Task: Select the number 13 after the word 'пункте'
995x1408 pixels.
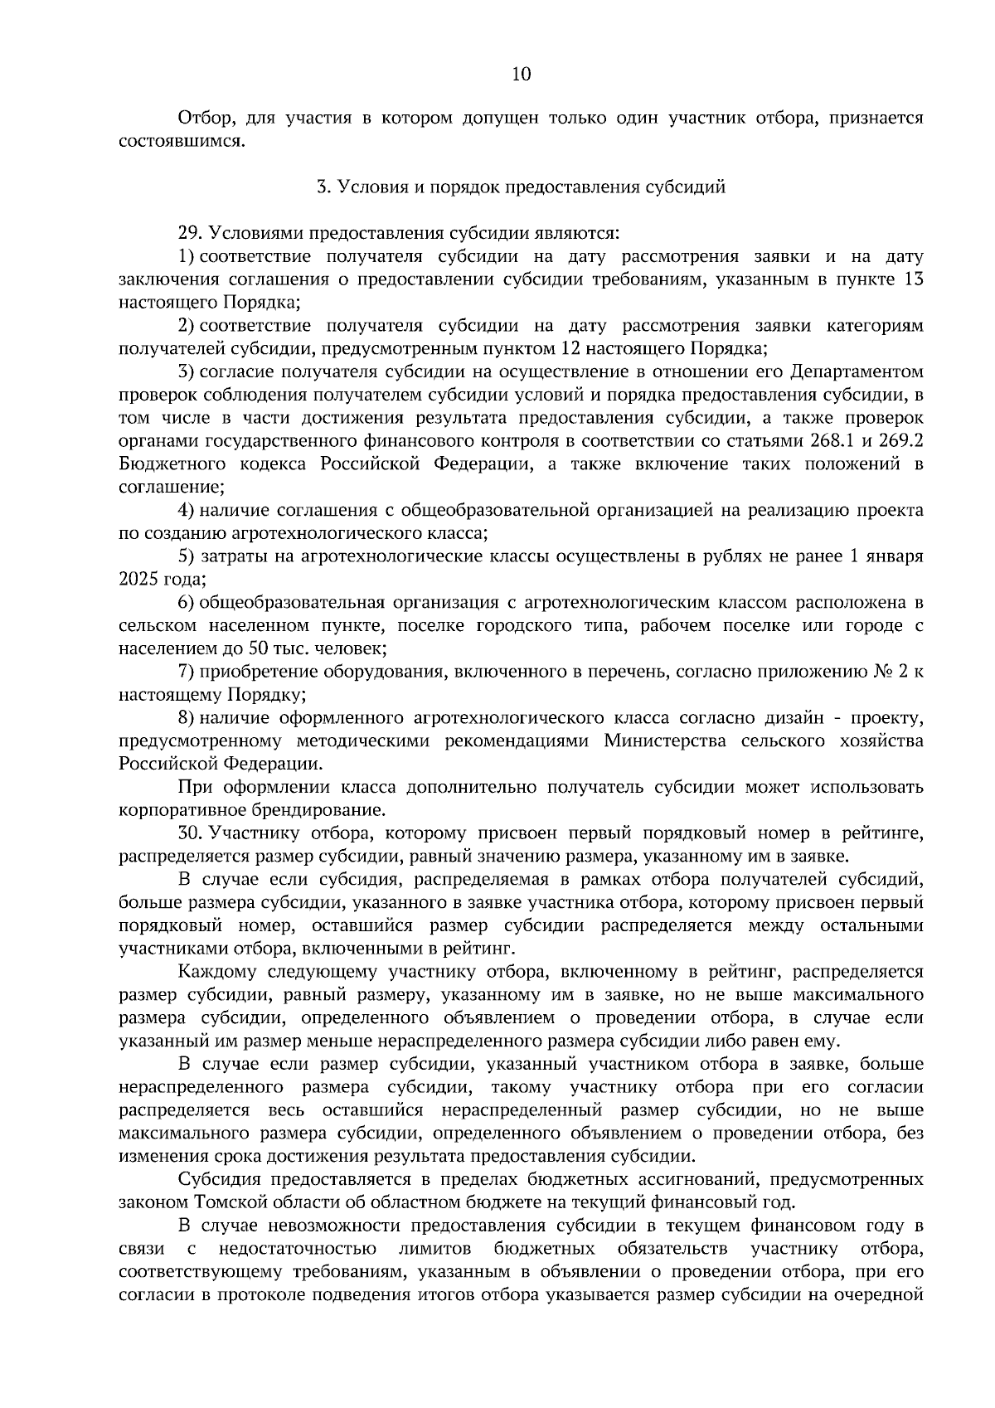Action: (912, 279)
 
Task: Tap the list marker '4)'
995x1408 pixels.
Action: (187, 510)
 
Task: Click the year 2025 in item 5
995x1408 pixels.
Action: (141, 579)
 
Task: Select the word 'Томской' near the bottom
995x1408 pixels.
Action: (227, 1202)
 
